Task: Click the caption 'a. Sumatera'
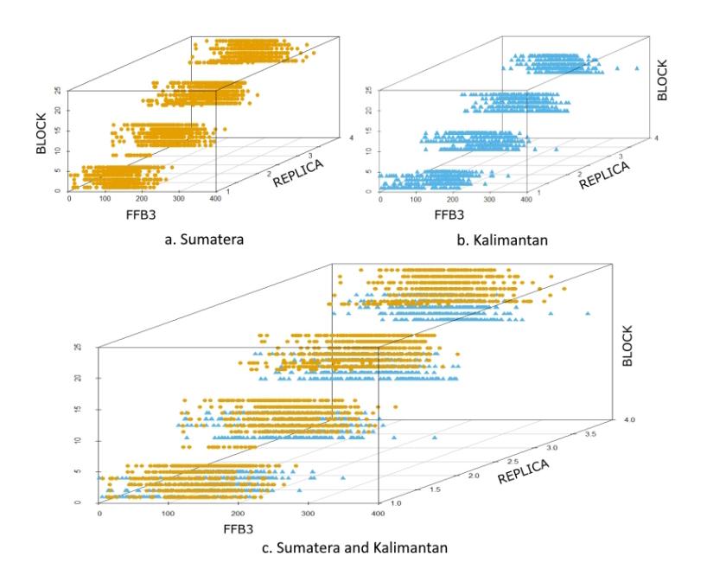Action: [204, 239]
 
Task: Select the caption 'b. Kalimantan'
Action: [502, 240]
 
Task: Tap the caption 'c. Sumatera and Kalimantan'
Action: [355, 547]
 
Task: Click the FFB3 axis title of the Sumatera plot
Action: [141, 214]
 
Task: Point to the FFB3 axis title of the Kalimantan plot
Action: [449, 214]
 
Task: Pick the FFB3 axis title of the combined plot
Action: [238, 529]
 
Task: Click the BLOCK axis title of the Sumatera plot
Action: [41, 133]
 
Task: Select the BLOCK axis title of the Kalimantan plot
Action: [662, 80]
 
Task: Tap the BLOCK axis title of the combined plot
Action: [627, 346]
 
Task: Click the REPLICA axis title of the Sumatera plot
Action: [298, 173]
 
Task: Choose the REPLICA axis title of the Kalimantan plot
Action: [604, 175]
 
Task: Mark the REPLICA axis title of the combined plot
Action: [524, 471]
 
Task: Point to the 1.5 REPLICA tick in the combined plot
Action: [434, 489]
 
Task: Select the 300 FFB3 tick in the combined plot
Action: [308, 514]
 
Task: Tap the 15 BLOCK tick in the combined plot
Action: [78, 409]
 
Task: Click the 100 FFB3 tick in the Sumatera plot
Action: [105, 199]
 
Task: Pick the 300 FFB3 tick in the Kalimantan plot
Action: [489, 200]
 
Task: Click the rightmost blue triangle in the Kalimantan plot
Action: [637, 68]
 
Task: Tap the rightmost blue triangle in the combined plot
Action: [588, 313]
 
